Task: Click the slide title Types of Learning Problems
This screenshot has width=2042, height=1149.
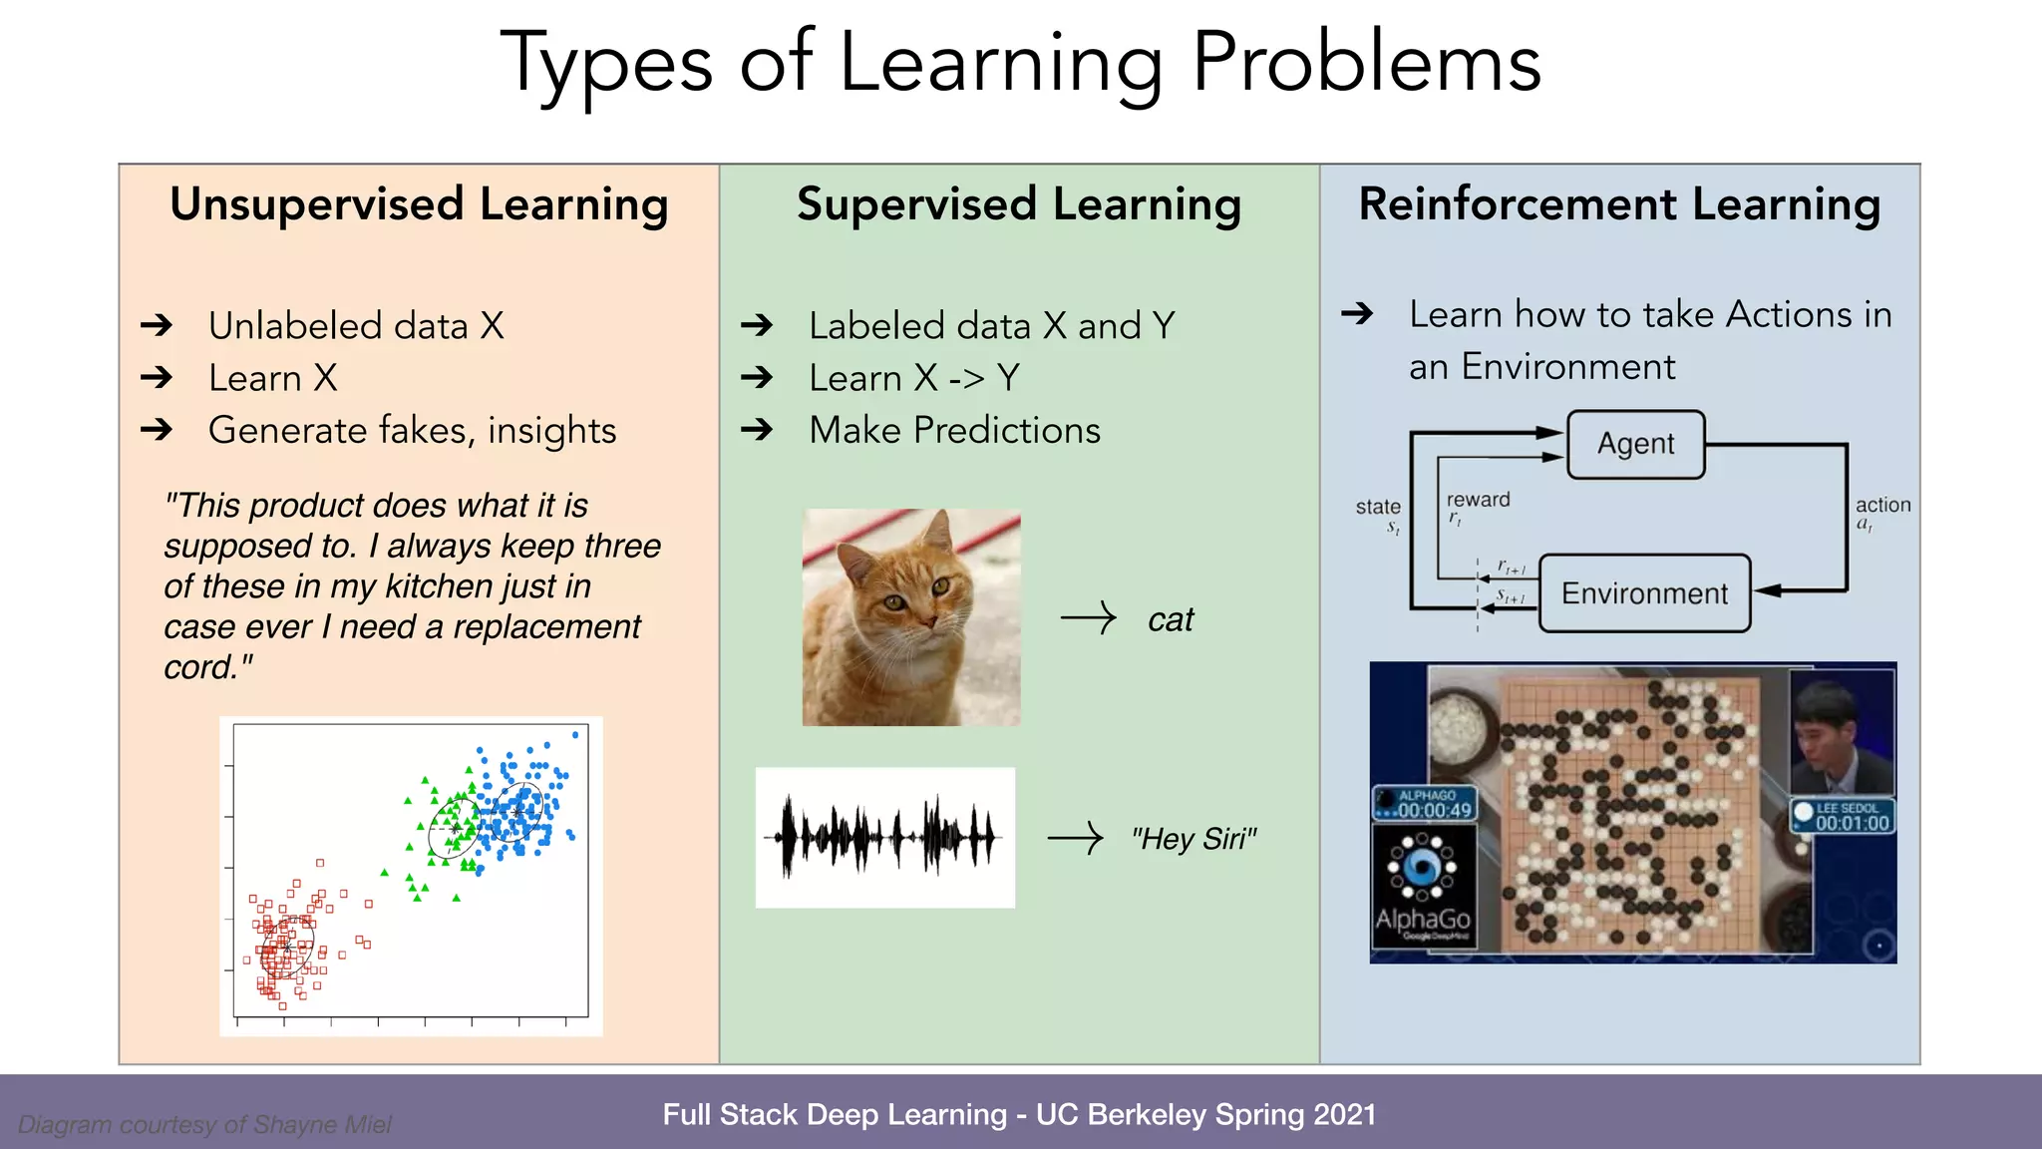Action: [x=1020, y=64]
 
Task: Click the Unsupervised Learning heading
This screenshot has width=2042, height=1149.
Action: [x=419, y=204]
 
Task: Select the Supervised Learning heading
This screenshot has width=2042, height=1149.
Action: [x=1019, y=204]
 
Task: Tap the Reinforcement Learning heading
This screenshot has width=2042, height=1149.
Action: [x=1619, y=204]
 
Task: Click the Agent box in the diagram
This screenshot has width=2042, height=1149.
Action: [x=1635, y=444]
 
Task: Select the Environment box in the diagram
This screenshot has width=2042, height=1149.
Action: [x=1644, y=593]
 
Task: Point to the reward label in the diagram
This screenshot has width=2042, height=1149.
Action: [x=1478, y=500]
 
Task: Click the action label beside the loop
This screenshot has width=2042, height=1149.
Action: [x=1882, y=505]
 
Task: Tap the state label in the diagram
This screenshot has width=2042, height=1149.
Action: [x=1378, y=507]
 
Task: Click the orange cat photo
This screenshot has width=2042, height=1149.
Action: [x=911, y=617]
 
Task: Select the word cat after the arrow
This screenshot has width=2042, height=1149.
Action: [x=1171, y=620]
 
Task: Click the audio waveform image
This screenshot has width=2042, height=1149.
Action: [x=884, y=837]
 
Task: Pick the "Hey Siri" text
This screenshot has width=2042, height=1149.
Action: [x=1193, y=839]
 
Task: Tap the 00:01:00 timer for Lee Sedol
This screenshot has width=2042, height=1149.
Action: [x=1852, y=823]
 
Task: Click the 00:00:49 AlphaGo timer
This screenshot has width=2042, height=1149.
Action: [x=1434, y=810]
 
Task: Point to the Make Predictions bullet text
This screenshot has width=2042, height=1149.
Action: [x=954, y=430]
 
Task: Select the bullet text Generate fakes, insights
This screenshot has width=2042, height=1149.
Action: [x=412, y=430]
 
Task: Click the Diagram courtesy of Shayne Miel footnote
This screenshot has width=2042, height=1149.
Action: [x=204, y=1124]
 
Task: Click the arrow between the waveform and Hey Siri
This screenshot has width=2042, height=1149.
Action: [x=1075, y=838]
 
